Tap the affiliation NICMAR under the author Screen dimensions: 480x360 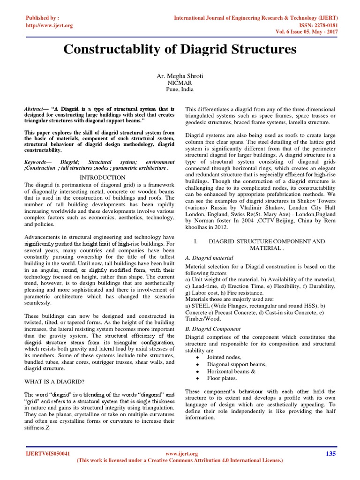click(180, 83)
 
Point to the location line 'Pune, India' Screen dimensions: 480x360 click(180, 89)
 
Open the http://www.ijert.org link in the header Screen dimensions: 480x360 click(49, 25)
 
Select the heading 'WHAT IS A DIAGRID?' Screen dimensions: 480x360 click(51, 382)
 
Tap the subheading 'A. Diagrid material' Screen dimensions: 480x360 click(210, 258)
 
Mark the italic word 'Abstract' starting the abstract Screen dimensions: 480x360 click(36, 108)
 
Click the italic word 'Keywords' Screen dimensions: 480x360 click(37, 161)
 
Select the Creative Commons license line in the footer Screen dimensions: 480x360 click(180, 461)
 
